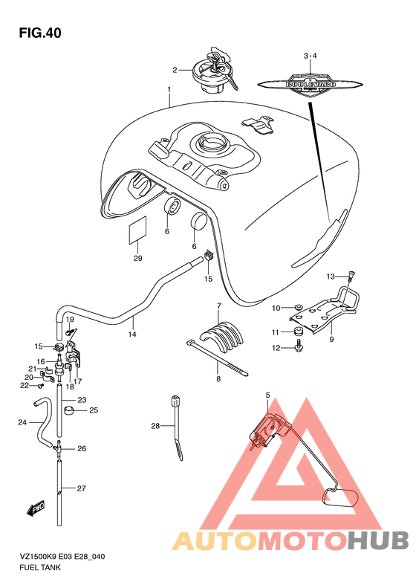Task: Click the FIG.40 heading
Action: (x=40, y=33)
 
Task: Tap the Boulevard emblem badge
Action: (x=311, y=84)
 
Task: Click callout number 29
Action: (x=138, y=258)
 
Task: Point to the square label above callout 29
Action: (x=138, y=230)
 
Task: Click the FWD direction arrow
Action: (x=36, y=508)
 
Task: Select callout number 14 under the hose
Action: (x=132, y=334)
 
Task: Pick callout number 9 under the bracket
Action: (x=331, y=340)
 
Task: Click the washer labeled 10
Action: (x=299, y=307)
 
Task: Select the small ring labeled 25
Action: (x=70, y=410)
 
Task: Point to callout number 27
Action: (x=81, y=488)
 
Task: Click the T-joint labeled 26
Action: (x=58, y=448)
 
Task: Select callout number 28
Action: (x=155, y=426)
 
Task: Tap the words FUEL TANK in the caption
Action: (x=39, y=567)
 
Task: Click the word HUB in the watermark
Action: (x=378, y=540)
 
